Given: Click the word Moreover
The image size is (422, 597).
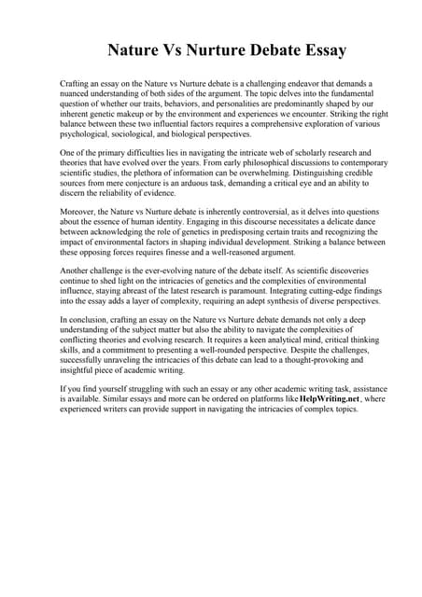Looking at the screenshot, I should pos(78,214).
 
